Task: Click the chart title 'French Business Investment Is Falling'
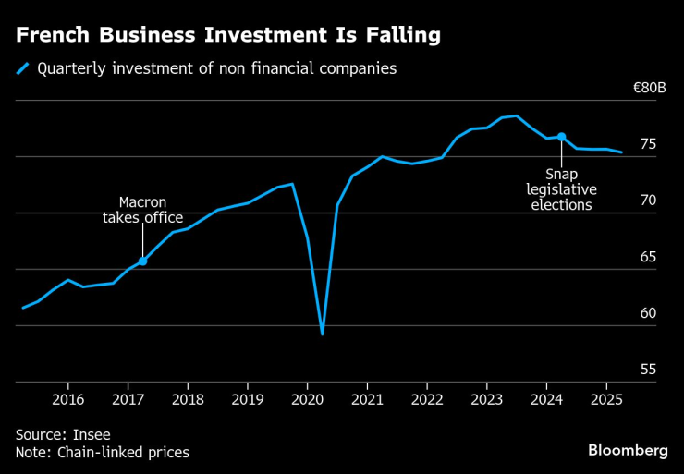[x=227, y=36]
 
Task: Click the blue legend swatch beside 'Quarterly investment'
[x=22, y=68]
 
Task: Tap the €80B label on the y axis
[x=649, y=89]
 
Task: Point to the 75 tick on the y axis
[x=648, y=144]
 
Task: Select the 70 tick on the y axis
[x=648, y=201]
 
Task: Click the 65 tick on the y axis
[x=648, y=257]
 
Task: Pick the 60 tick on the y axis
[x=648, y=313]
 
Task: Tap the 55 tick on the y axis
[x=648, y=370]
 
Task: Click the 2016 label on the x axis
[x=67, y=398]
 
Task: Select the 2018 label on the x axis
[x=187, y=398]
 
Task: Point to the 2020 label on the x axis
[x=307, y=398]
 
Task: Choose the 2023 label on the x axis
[x=486, y=398]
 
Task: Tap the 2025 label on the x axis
[x=605, y=398]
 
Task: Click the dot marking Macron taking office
[x=142, y=261]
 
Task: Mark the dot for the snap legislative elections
[x=561, y=137]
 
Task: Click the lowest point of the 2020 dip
[x=322, y=334]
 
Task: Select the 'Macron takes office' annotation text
[x=142, y=210]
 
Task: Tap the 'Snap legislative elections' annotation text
[x=561, y=188]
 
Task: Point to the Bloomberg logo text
[x=628, y=450]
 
